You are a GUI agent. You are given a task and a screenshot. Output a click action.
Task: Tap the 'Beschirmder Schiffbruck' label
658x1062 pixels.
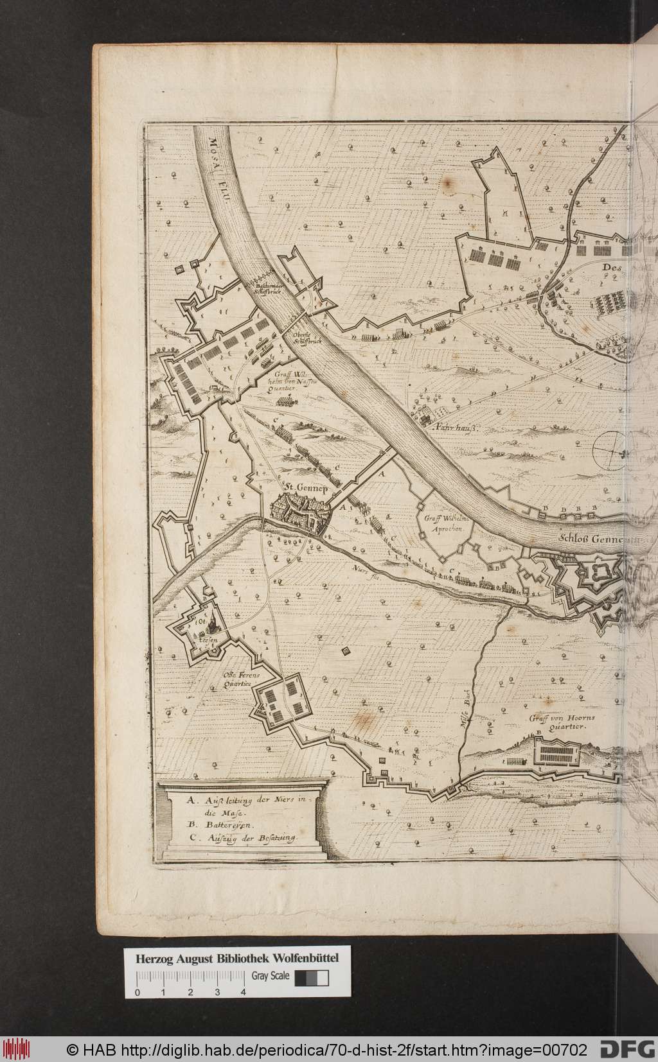(265, 288)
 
